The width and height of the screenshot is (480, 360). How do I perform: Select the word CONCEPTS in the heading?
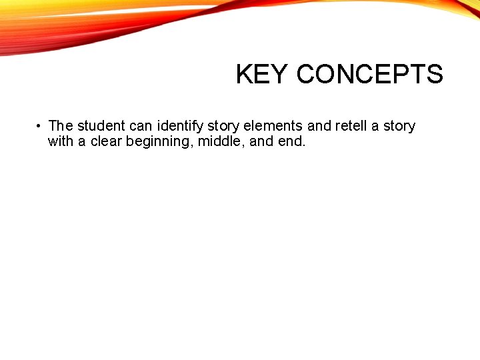click(x=369, y=74)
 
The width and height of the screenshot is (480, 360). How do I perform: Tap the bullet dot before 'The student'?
click(x=40, y=126)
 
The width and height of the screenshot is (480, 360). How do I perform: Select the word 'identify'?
click(x=180, y=126)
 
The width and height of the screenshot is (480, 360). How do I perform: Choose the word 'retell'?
click(x=351, y=126)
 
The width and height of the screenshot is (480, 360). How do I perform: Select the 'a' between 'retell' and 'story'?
click(x=375, y=126)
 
